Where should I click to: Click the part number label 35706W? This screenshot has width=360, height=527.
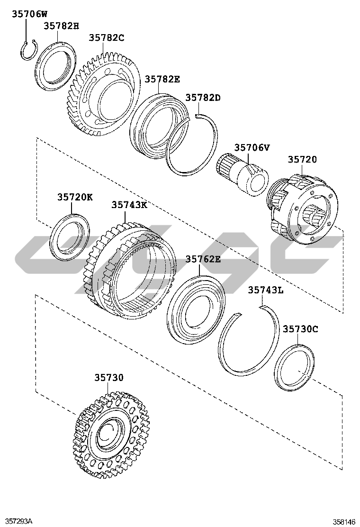click(30, 14)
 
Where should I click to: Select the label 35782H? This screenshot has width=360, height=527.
click(62, 26)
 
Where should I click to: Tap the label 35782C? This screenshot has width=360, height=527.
click(107, 37)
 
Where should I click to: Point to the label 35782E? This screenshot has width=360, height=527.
click(162, 79)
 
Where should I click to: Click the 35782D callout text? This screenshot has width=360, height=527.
click(203, 97)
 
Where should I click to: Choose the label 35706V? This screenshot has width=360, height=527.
click(252, 147)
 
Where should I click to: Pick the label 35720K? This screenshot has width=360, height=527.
click(75, 197)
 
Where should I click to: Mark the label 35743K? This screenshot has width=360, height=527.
click(129, 204)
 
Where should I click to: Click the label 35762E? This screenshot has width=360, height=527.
click(203, 259)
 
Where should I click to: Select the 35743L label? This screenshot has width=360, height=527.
click(266, 290)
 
